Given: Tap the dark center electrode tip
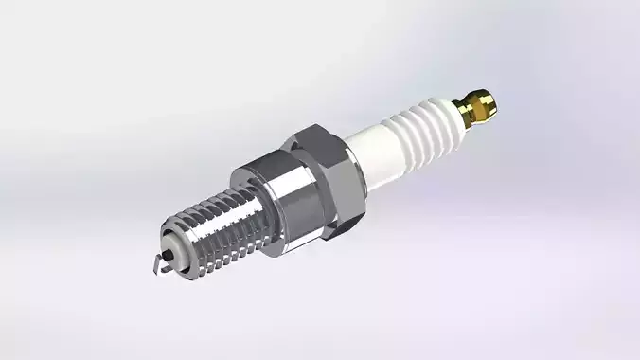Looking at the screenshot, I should tap(169, 255).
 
